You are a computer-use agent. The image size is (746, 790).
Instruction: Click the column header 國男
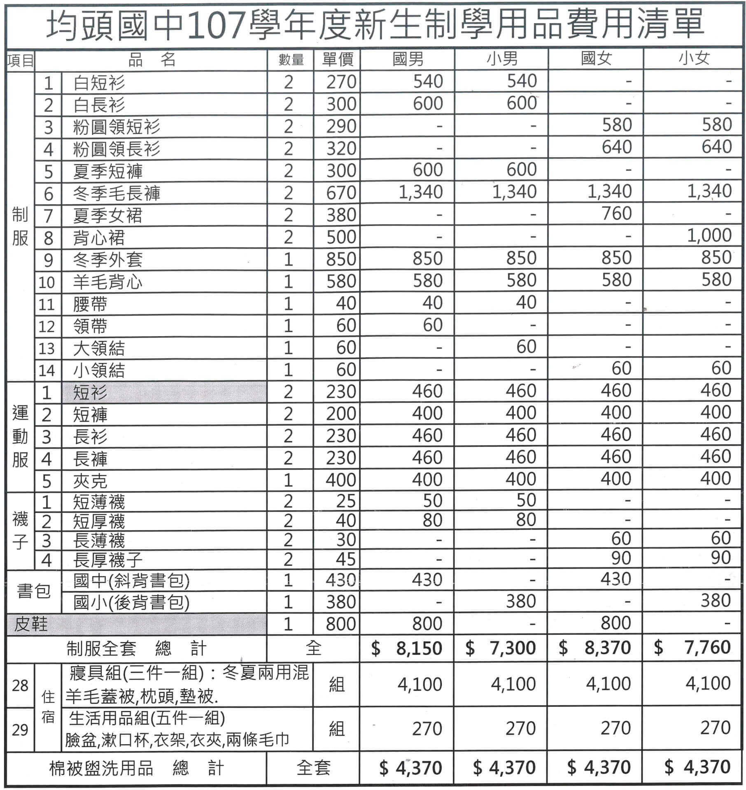pos(408,59)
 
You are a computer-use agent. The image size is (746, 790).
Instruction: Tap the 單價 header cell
pos(337,60)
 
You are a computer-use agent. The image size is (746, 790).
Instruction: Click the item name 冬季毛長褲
pos(117,193)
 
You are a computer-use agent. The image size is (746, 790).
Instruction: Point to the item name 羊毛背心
pos(107,282)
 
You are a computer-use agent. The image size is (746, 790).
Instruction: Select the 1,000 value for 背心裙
pos(709,235)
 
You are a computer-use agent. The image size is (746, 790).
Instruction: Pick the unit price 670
pos(341,193)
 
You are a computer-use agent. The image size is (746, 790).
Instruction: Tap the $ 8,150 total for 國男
pos(407,648)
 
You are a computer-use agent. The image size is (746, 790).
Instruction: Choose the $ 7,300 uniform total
pos(501,648)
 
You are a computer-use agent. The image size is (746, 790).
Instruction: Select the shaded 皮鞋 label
pos(31,624)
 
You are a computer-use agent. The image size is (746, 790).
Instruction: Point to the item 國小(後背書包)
pos(131,602)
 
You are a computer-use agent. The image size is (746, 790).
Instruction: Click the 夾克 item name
pos(90,481)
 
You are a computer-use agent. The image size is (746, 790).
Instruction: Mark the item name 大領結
pos(99,348)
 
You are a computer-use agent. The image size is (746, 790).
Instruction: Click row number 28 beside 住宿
pos(20,685)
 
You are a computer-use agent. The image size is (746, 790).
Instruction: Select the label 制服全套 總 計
pos(136,648)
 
